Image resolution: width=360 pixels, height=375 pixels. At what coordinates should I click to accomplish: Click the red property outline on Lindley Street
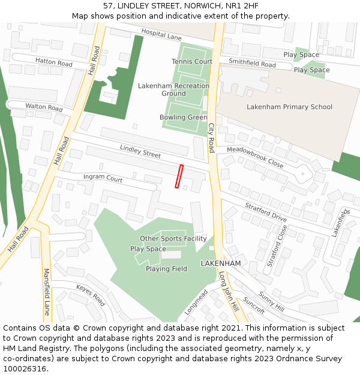pyautogui.click(x=178, y=176)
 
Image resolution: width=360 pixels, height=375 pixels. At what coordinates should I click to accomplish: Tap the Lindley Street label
pyautogui.click(x=140, y=151)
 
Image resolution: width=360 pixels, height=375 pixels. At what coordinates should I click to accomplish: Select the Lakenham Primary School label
pyautogui.click(x=289, y=107)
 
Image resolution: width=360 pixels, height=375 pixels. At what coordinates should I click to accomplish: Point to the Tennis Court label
pyautogui.click(x=192, y=61)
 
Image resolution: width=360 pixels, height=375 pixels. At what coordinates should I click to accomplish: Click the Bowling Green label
pyautogui.click(x=183, y=118)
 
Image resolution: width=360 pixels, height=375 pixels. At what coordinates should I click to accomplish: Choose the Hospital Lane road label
pyautogui.click(x=161, y=34)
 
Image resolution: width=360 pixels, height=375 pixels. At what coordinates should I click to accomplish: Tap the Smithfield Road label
pyautogui.click(x=252, y=64)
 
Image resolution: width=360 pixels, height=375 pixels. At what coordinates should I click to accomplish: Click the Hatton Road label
pyautogui.click(x=53, y=62)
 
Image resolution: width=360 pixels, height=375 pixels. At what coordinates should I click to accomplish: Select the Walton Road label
pyautogui.click(x=44, y=107)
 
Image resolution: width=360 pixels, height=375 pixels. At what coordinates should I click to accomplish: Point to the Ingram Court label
pyautogui.click(x=103, y=178)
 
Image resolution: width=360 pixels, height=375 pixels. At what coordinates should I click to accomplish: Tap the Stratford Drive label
pyautogui.click(x=266, y=212)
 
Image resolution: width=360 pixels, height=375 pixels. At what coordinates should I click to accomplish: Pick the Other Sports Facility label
pyautogui.click(x=173, y=239)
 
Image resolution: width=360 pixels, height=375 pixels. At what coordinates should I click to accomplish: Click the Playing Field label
pyautogui.click(x=166, y=269)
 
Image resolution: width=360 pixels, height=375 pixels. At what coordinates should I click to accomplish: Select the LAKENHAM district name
pyautogui.click(x=220, y=263)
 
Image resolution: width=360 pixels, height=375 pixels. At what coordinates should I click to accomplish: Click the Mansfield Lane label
pyautogui.click(x=47, y=292)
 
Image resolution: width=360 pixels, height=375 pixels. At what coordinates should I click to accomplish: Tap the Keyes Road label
pyautogui.click(x=91, y=295)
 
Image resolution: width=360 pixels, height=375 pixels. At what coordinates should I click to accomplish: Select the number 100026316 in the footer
pyautogui.click(x=25, y=369)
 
